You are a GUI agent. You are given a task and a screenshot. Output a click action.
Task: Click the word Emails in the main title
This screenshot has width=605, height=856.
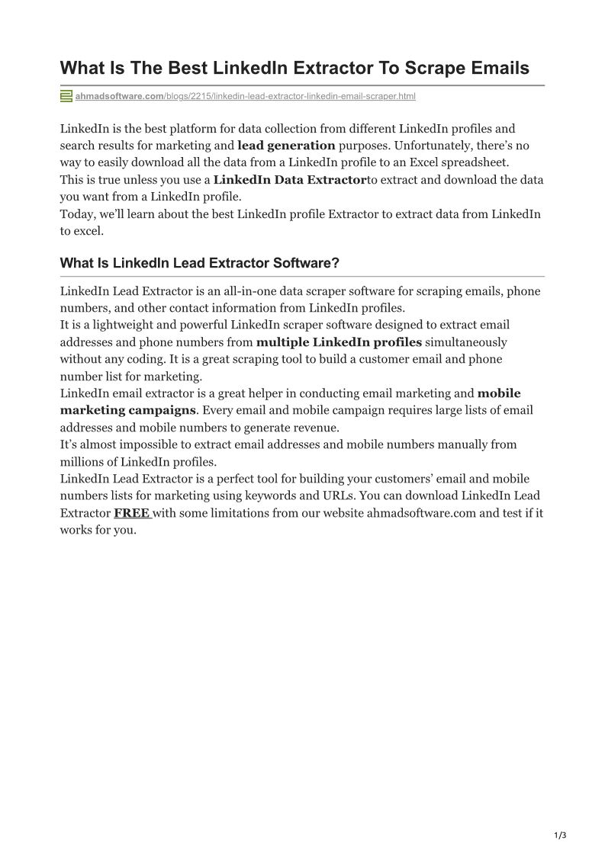[x=496, y=68]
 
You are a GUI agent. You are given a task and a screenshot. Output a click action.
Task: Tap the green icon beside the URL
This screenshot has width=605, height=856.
[x=66, y=96]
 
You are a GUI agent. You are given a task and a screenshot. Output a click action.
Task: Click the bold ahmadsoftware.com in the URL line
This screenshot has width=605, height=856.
[x=120, y=97]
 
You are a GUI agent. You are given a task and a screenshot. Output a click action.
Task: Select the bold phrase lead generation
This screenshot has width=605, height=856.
[x=286, y=145]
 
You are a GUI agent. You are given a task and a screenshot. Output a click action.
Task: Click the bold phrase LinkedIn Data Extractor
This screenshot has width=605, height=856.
[x=290, y=180]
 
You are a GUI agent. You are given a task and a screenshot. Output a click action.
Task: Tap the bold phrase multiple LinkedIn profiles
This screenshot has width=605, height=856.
[x=339, y=341]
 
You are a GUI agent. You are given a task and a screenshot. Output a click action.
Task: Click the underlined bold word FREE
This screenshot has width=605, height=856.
[x=131, y=513]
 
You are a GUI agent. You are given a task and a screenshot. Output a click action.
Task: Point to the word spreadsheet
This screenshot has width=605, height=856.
[x=475, y=162]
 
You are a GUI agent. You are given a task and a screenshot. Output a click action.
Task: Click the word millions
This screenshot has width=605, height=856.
[x=85, y=462]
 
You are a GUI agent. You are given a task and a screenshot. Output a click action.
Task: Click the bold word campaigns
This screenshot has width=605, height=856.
[x=158, y=410]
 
